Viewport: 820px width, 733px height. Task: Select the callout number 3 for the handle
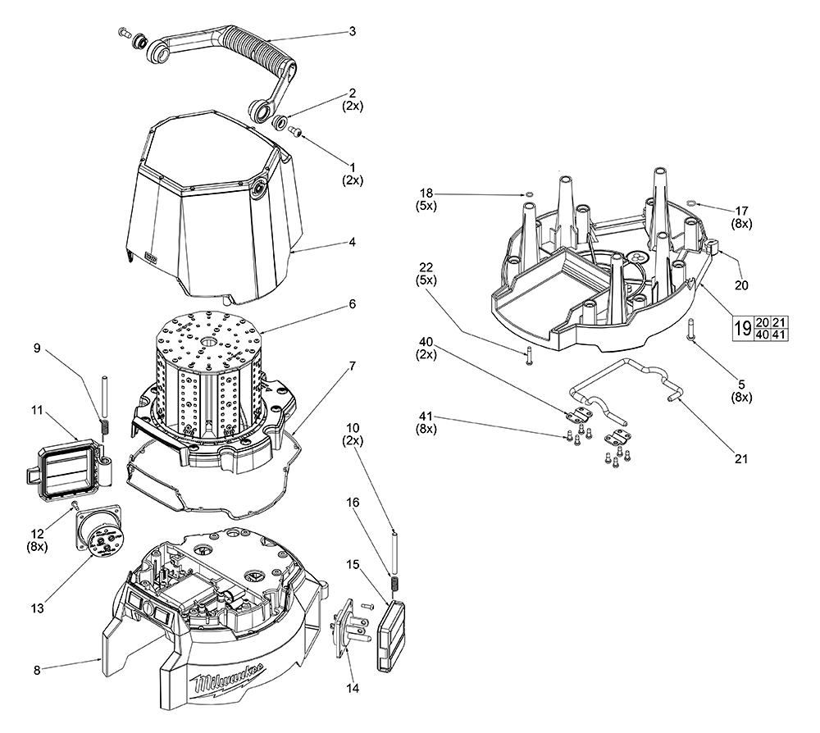352,31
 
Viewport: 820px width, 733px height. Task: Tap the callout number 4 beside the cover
352,242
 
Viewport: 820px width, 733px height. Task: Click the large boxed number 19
742,329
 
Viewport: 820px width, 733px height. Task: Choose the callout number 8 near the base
37,670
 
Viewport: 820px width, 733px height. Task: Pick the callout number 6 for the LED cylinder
352,303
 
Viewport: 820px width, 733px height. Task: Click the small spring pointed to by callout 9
104,426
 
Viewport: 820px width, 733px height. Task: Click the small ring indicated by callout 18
530,194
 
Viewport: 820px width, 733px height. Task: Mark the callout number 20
741,285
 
